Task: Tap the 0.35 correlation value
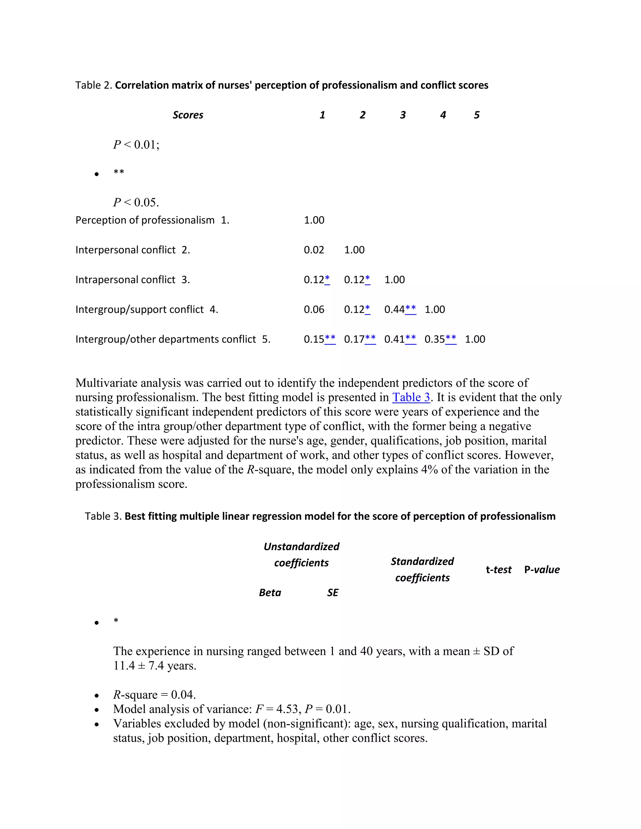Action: pyautogui.click(x=435, y=339)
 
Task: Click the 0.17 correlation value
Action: pyautogui.click(x=354, y=339)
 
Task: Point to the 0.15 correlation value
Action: pyautogui.click(x=314, y=339)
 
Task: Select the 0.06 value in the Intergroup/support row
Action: pyautogui.click(x=314, y=310)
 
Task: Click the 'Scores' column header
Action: pyautogui.click(x=188, y=115)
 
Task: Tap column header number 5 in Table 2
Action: pyautogui.click(x=477, y=115)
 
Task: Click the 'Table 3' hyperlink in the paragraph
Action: pyautogui.click(x=411, y=397)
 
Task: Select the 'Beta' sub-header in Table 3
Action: pyautogui.click(x=270, y=593)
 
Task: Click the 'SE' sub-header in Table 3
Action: pyautogui.click(x=333, y=593)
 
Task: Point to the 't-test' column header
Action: pyautogui.click(x=499, y=570)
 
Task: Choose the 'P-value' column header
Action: pyautogui.click(x=542, y=570)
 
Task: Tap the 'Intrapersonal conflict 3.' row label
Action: pyautogui.click(x=132, y=280)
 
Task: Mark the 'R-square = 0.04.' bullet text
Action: pyautogui.click(x=155, y=694)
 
